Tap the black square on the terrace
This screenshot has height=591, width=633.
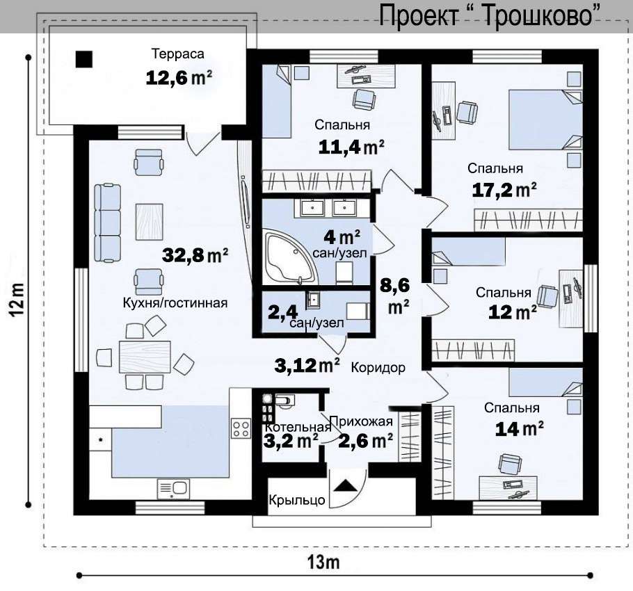tap(84, 59)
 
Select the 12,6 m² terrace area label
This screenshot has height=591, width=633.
tap(179, 77)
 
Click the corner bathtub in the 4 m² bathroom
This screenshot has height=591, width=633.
tap(290, 257)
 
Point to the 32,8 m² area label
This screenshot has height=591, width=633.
tap(195, 254)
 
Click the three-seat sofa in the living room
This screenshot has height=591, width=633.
tap(107, 222)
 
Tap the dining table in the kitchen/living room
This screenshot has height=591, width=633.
tap(145, 357)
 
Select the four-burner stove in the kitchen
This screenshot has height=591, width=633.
tap(241, 428)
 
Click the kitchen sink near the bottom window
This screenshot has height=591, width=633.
tap(173, 489)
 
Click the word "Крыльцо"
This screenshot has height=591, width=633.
tap(297, 500)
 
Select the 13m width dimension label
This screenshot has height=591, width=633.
tap(323, 562)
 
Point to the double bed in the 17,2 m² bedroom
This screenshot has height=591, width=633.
tap(545, 120)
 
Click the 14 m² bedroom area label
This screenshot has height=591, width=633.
tap(519, 428)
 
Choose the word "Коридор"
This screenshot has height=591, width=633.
tap(378, 368)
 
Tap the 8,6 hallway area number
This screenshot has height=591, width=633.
tap(394, 286)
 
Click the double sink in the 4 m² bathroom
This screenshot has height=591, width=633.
tap(328, 207)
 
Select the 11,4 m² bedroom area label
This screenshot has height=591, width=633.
tap(351, 147)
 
